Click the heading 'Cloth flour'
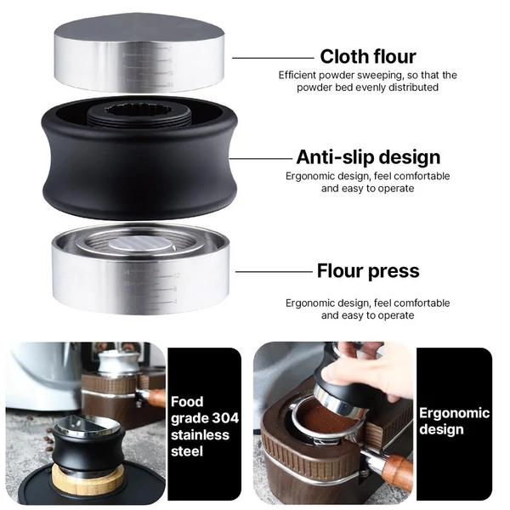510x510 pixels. pos(368,57)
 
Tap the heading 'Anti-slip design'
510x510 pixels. pos(368,157)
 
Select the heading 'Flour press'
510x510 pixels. pos(368,271)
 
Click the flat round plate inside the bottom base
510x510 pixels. pos(140,244)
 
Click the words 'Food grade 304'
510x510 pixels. pos(205,410)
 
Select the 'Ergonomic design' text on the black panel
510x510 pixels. pos(454,422)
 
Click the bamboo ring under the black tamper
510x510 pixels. pos(88,479)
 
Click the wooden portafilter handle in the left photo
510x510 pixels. pos(156,398)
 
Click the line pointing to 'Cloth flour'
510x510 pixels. pos(273,58)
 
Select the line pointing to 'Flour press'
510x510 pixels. pos(274,272)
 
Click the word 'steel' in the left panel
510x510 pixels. pos(187,451)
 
